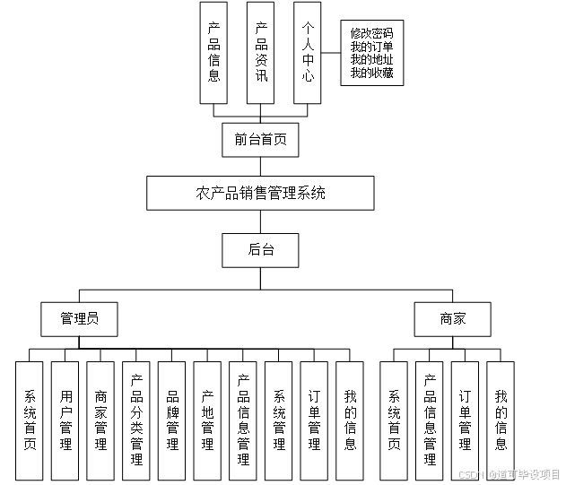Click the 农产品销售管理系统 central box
(x=260, y=193)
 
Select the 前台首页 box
(x=260, y=139)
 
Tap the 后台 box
(x=260, y=250)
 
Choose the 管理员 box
(x=79, y=318)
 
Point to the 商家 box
(x=453, y=318)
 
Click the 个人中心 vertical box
(x=308, y=52)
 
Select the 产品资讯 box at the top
(x=261, y=52)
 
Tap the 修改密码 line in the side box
(x=371, y=33)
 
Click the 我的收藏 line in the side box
(x=371, y=72)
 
